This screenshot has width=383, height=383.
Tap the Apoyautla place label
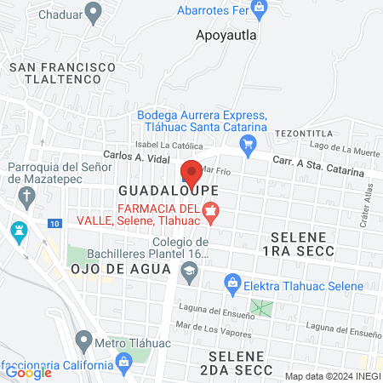coord(226,36)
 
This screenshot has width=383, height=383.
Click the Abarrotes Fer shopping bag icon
coord(261,9)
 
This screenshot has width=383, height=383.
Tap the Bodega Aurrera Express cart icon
coord(249,144)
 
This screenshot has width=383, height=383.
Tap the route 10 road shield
coord(54,223)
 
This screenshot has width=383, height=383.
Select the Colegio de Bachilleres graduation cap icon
coord(188,272)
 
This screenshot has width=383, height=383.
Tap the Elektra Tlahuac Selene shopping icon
coord(231,282)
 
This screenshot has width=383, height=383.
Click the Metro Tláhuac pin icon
coord(83,343)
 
